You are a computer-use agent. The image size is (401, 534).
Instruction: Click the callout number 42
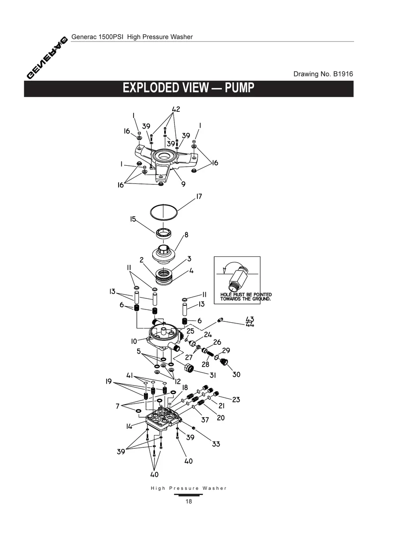pyautogui.click(x=176, y=109)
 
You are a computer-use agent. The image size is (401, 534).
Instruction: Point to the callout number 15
pyautogui.click(x=133, y=219)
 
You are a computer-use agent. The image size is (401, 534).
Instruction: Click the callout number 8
pyautogui.click(x=186, y=235)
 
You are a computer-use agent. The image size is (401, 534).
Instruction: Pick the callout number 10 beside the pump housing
pyautogui.click(x=134, y=341)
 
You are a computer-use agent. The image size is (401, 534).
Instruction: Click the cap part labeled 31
pyautogui.click(x=189, y=368)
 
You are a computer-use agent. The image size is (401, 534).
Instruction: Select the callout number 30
pyautogui.click(x=236, y=374)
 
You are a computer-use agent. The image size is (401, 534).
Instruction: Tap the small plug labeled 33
pyautogui.click(x=194, y=427)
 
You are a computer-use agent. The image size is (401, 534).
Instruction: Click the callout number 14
pyautogui.click(x=129, y=426)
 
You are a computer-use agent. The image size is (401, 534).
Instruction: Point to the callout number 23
pyautogui.click(x=236, y=400)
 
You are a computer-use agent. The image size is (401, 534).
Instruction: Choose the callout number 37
pyautogui.click(x=205, y=420)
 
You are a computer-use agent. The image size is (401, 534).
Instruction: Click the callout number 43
pyautogui.click(x=250, y=319)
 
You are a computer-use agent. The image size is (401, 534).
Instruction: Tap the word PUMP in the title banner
pyautogui.click(x=239, y=88)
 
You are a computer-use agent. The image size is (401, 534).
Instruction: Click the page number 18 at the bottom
pyautogui.click(x=189, y=501)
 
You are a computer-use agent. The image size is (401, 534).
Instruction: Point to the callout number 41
pyautogui.click(x=130, y=375)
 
